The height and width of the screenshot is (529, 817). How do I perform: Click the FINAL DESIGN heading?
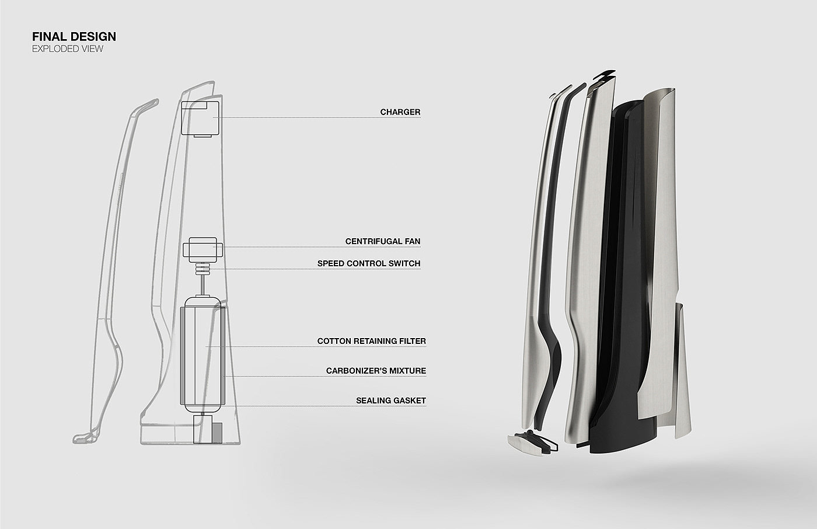pyautogui.click(x=74, y=37)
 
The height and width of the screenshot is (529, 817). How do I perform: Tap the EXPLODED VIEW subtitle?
pyautogui.click(x=68, y=49)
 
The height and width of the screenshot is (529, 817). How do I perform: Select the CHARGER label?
pyautogui.click(x=400, y=112)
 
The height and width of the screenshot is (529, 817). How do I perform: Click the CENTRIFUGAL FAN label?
pyautogui.click(x=382, y=241)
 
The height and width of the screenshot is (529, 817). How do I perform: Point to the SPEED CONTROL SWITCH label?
pyautogui.click(x=368, y=263)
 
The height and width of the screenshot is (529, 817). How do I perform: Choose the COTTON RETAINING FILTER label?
pyautogui.click(x=371, y=341)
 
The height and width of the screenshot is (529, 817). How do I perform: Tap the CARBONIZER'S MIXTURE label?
pyautogui.click(x=376, y=371)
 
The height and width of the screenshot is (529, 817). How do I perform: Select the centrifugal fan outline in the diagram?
pyautogui.click(x=202, y=249)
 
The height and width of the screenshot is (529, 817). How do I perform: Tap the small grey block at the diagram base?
pyautogui.click(x=217, y=433)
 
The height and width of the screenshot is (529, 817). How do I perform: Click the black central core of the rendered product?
pyautogui.click(x=619, y=292)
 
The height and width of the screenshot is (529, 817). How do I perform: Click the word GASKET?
pyautogui.click(x=407, y=401)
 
